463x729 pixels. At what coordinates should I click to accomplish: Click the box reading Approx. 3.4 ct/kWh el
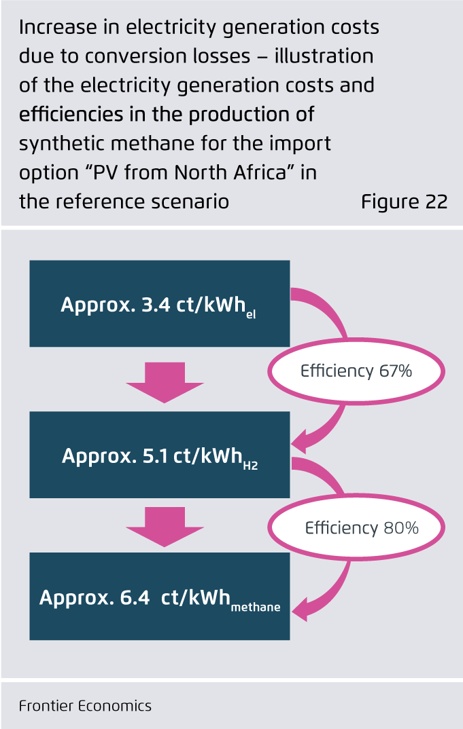[160, 303]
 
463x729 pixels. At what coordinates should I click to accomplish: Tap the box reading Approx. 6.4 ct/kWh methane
[160, 597]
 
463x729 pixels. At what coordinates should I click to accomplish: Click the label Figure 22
[404, 202]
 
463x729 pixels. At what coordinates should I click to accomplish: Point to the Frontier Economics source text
[85, 706]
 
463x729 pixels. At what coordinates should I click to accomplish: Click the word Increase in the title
[53, 29]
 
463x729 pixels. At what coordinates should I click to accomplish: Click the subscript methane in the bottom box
[255, 607]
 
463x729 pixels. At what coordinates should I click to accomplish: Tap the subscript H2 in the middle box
[250, 466]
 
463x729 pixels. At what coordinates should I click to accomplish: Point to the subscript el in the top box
[251, 314]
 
